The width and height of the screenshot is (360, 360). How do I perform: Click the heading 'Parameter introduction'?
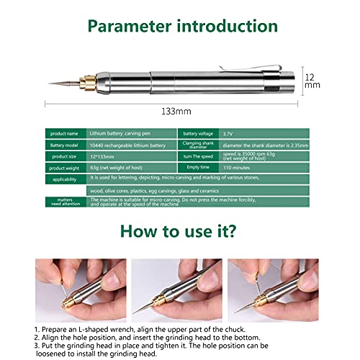[180, 27]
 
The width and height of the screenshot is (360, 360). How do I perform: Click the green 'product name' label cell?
[66, 134]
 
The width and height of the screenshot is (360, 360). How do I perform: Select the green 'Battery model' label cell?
[66, 144]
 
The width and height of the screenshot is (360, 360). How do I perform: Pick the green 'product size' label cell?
[66, 155]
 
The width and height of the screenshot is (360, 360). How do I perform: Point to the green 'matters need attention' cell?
[66, 202]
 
